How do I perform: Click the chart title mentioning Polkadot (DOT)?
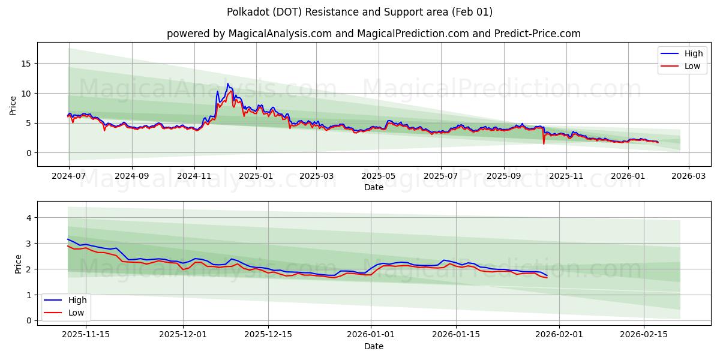coord(359,12)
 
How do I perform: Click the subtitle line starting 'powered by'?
coord(373,34)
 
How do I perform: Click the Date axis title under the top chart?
coord(373,187)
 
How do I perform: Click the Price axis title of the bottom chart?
coord(18,264)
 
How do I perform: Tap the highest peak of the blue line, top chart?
coord(227,84)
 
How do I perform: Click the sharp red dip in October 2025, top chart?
coord(544,143)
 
